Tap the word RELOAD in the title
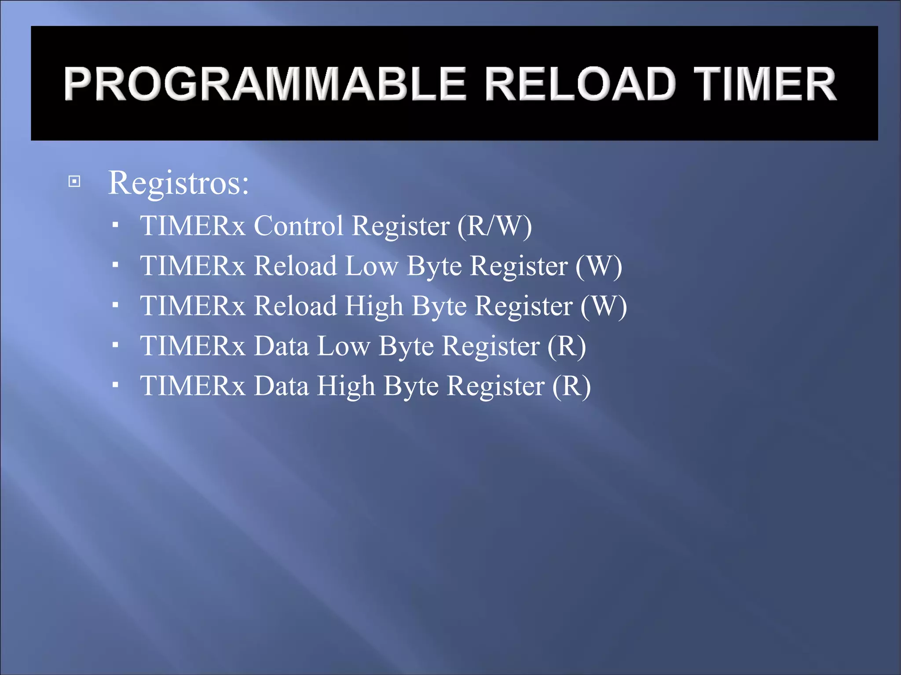tap(580, 84)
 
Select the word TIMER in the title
tap(765, 84)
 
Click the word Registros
tap(178, 182)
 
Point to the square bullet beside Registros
tap(75, 181)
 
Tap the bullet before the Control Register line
tap(115, 225)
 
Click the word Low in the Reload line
tap(372, 266)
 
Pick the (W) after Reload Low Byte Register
tap(599, 266)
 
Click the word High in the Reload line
tap(374, 306)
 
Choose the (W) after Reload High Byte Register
tap(604, 306)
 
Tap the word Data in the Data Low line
tap(282, 346)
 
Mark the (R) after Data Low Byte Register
tap(567, 346)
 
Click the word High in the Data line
tap(346, 386)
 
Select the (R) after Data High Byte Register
tap(571, 386)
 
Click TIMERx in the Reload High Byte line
tap(193, 306)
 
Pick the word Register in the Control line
tap(401, 226)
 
